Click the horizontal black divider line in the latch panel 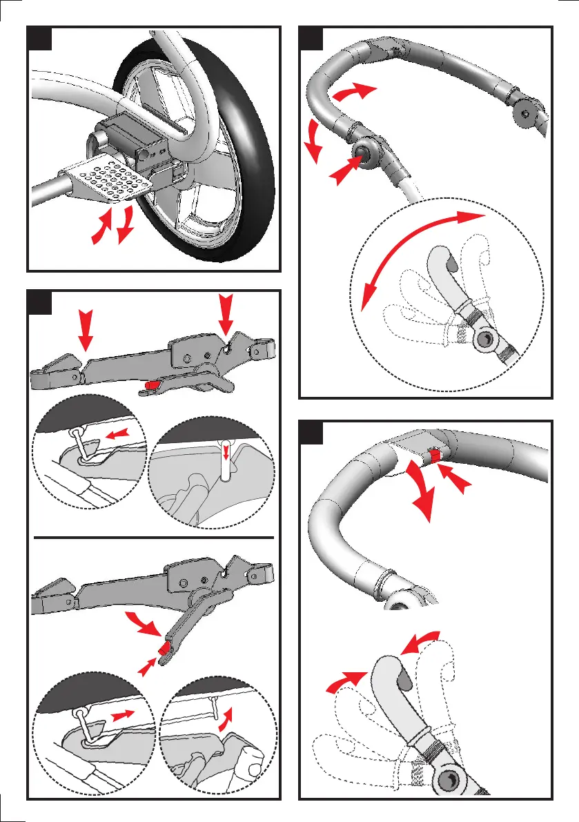[x=154, y=536]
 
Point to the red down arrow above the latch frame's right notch [x=226, y=316]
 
